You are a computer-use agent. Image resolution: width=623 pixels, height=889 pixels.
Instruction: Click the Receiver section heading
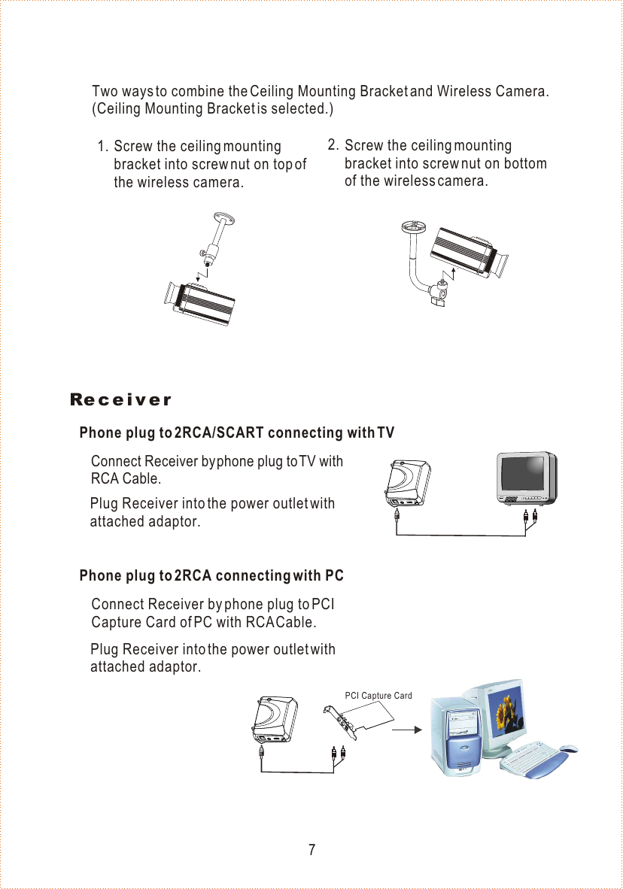pyautogui.click(x=120, y=399)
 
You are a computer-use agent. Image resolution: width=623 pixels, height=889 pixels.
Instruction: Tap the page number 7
pyautogui.click(x=311, y=851)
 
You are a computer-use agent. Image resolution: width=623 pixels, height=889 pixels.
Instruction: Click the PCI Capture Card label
pyautogui.click(x=378, y=696)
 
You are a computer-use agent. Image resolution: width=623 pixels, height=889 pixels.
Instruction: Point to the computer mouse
pyautogui.click(x=569, y=748)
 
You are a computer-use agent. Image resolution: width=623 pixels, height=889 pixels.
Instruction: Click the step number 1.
pyautogui.click(x=102, y=146)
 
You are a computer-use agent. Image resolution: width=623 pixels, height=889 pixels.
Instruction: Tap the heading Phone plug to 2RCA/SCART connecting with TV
pyautogui.click(x=236, y=432)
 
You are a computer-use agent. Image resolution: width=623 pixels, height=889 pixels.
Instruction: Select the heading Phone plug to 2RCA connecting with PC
pyautogui.click(x=211, y=576)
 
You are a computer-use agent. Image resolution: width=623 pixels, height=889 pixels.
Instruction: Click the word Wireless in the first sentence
pyautogui.click(x=463, y=92)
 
